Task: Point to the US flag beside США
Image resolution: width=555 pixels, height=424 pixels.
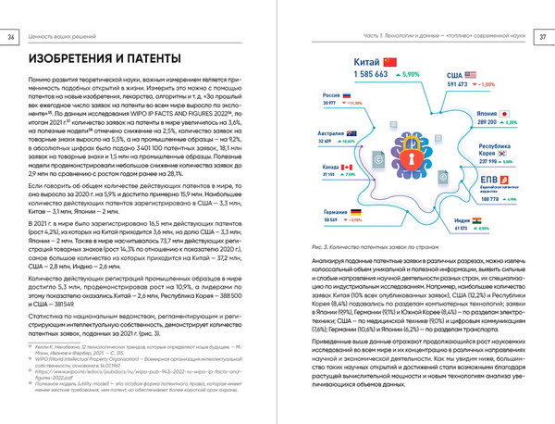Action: point(470,74)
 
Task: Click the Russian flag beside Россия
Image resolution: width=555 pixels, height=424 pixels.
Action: point(347,95)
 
